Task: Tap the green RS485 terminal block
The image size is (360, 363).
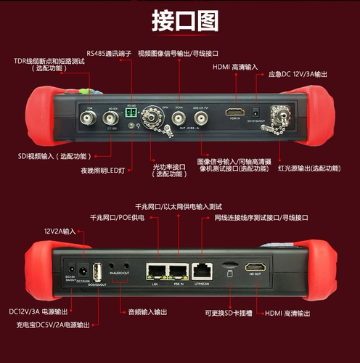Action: pos(131,113)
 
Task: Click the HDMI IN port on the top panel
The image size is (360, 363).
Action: pos(234,113)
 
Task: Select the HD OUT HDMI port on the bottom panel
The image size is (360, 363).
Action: pos(255,268)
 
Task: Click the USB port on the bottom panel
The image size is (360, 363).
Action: pos(96,269)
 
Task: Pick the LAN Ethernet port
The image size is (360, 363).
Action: pos(155,271)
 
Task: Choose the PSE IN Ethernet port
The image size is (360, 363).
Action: pos(178,271)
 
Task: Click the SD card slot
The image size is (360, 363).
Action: pos(228,265)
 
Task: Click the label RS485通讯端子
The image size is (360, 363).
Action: pos(108,52)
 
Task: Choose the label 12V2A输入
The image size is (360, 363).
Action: pos(60,230)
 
